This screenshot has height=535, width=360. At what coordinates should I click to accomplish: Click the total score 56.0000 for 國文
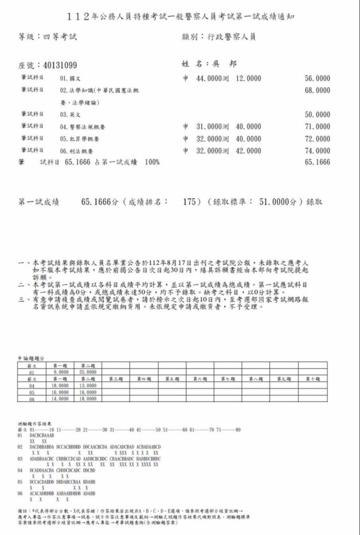point(317,78)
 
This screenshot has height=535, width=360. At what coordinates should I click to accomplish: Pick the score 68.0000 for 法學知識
point(317,90)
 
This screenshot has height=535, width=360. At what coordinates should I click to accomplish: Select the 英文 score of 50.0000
point(317,114)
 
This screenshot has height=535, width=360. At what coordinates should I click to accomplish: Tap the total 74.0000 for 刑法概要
point(317,150)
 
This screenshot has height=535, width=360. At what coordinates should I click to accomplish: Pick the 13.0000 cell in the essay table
point(88,385)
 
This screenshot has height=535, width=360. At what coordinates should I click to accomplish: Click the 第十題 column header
point(312,379)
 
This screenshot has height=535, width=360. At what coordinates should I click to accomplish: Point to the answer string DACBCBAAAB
point(42,435)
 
